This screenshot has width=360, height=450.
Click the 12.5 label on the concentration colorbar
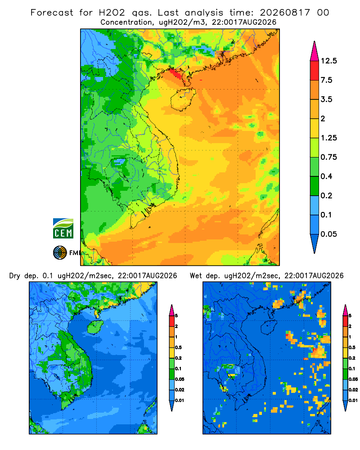328,61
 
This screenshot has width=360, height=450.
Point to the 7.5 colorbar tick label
326,80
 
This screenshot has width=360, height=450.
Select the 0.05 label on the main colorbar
328,234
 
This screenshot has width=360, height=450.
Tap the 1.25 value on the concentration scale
328,138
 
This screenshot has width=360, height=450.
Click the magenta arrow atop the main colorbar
315,51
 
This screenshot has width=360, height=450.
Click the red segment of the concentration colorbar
315,71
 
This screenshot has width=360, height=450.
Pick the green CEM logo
63,229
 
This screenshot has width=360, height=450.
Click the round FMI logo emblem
60,252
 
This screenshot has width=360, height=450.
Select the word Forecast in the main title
52,13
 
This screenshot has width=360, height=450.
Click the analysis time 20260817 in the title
285,13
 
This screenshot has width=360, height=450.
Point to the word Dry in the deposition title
15,276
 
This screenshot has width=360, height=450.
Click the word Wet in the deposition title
196,276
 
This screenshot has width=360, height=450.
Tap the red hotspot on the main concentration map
175,74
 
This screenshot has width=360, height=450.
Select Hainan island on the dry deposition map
95,327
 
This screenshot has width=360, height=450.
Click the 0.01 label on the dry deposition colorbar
180,400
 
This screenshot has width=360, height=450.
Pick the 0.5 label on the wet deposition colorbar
352,347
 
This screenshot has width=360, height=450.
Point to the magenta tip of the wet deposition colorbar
345,310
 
